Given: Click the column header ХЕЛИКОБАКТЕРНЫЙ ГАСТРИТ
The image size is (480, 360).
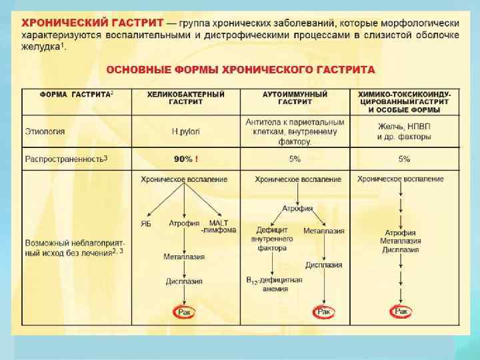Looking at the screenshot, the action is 186,99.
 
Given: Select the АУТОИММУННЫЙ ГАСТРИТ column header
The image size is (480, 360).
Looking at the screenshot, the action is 296,99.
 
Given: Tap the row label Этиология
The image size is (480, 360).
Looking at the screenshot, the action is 45,131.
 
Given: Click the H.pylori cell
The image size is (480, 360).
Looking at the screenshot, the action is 186,131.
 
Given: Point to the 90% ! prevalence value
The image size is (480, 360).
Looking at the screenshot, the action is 186,159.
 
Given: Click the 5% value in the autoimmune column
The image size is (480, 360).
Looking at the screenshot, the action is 295,159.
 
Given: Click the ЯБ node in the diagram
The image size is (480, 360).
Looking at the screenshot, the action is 145,223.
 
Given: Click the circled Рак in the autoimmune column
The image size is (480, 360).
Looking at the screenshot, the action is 324,312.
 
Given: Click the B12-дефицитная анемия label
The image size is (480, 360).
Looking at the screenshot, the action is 274,285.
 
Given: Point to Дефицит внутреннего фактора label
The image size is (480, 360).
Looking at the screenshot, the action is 271,238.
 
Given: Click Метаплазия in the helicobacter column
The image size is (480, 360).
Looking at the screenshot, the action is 184,256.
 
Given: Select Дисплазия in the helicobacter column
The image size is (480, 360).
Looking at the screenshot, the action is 184,281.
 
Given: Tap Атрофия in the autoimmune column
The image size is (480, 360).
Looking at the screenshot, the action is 297,209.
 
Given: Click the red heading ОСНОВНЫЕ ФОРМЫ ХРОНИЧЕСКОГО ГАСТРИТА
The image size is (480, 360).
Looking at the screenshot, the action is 241,69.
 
